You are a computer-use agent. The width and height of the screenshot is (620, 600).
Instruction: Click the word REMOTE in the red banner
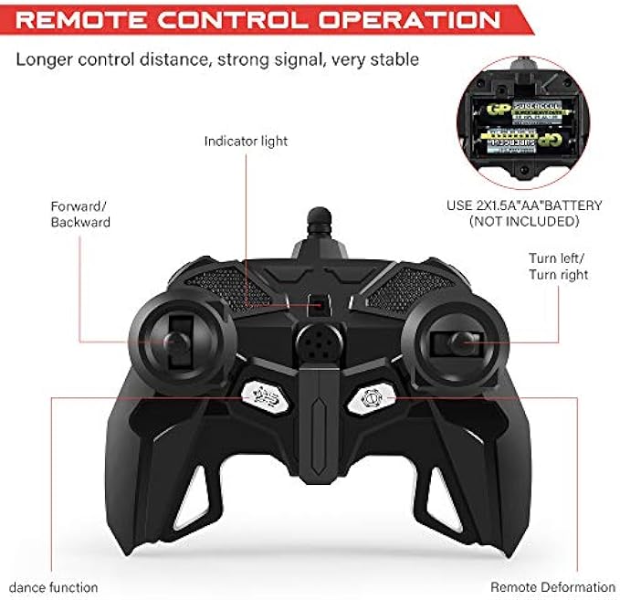(x=88, y=19)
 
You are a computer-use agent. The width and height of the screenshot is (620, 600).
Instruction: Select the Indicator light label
(x=246, y=142)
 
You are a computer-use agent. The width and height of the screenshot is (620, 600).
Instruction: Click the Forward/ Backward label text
(x=80, y=214)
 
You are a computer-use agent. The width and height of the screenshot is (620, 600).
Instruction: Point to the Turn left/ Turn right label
(x=558, y=266)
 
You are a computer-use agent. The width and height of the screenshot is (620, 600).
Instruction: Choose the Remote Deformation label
(x=552, y=587)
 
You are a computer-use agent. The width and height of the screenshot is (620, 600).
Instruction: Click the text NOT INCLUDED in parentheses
(x=522, y=221)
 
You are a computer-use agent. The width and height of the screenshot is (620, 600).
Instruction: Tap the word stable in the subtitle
(x=398, y=60)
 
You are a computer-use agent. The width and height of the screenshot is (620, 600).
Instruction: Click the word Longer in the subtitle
(x=41, y=60)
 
